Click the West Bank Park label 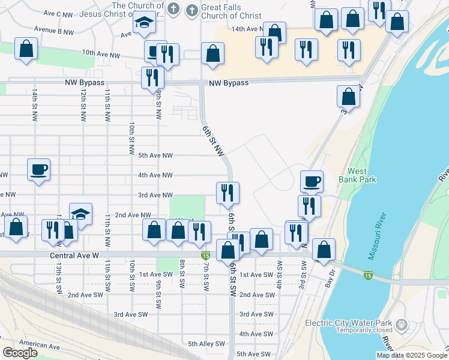pyautogui.click(x=361, y=175)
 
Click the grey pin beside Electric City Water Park pyautogui.click(x=402, y=326)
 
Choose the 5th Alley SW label pyautogui.click(x=206, y=344)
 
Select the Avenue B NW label pyautogui.click(x=53, y=29)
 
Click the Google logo pyautogui.click(x=20, y=353)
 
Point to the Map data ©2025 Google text pyautogui.click(x=411, y=355)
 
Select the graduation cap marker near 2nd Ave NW pyautogui.click(x=80, y=214)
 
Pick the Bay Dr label pyautogui.click(x=330, y=280)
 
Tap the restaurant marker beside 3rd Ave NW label pyautogui.click(x=228, y=193)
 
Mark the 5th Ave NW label pyautogui.click(x=155, y=155)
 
